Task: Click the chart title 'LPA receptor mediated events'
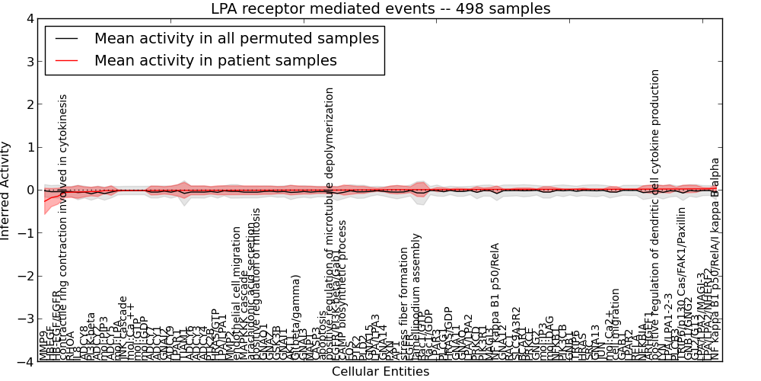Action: [x=380, y=9]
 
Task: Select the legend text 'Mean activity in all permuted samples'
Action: [x=236, y=38]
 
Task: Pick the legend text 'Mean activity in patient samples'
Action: [x=215, y=60]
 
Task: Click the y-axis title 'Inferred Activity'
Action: [x=7, y=190]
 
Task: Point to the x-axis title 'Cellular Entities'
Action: [x=380, y=372]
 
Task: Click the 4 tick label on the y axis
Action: [x=30, y=18]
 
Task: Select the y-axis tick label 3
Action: [x=30, y=62]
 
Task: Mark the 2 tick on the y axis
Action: [x=30, y=104]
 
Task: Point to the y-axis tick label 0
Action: [x=30, y=190]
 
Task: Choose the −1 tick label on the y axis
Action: [x=27, y=233]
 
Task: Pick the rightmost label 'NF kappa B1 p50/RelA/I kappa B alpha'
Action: [x=715, y=259]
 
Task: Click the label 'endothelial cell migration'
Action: [x=237, y=293]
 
